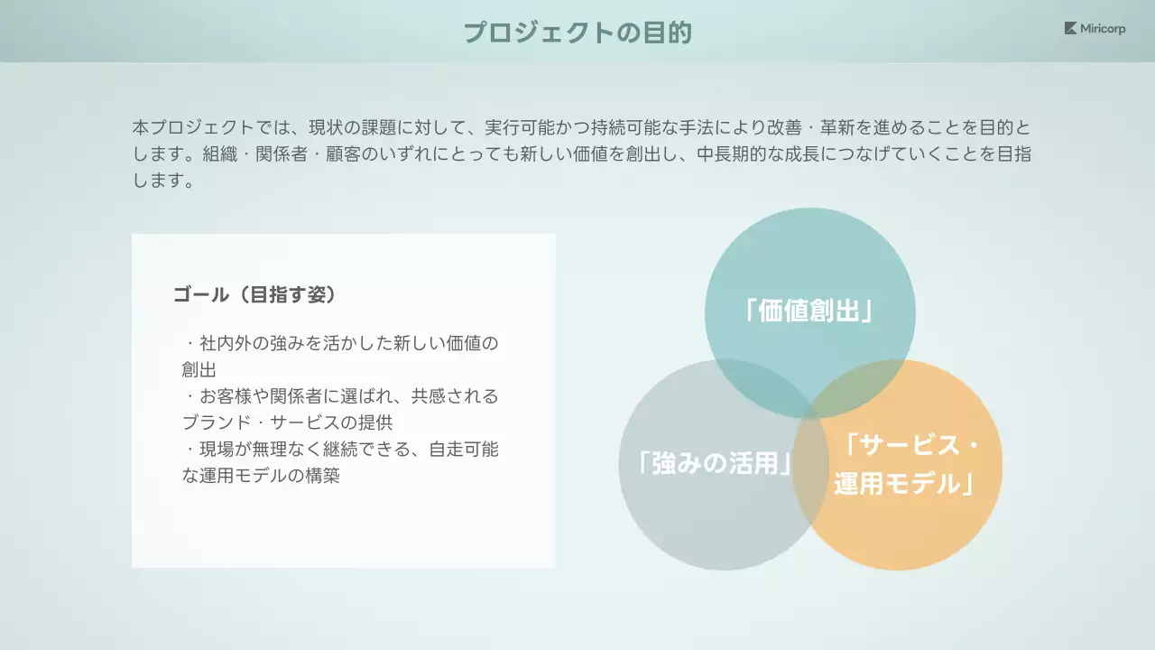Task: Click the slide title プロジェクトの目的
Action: (x=577, y=32)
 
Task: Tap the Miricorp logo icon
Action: (x=1070, y=29)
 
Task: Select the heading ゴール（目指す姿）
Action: (x=254, y=295)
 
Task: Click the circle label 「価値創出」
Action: (x=809, y=311)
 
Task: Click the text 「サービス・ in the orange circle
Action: (x=910, y=445)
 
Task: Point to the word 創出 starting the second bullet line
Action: (x=199, y=370)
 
